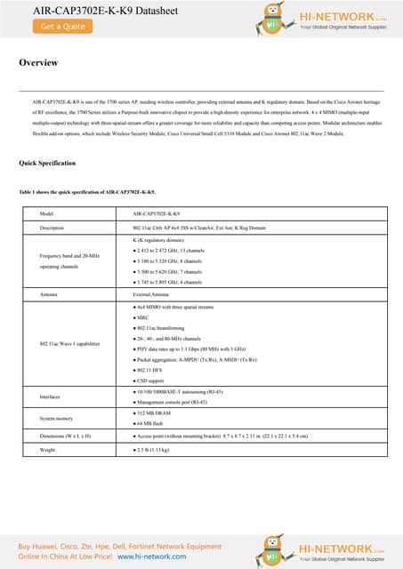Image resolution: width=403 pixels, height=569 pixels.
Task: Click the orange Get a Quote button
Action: pyautogui.click(x=62, y=27)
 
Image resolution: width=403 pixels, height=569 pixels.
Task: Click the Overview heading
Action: pyautogui.click(x=38, y=63)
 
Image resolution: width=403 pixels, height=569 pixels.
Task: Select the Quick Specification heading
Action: pyautogui.click(x=47, y=164)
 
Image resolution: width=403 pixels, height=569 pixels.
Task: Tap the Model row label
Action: pyautogui.click(x=50, y=214)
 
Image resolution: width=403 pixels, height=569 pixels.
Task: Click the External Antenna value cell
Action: pyautogui.click(x=153, y=293)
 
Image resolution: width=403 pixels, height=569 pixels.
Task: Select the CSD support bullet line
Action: pyautogui.click(x=150, y=381)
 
